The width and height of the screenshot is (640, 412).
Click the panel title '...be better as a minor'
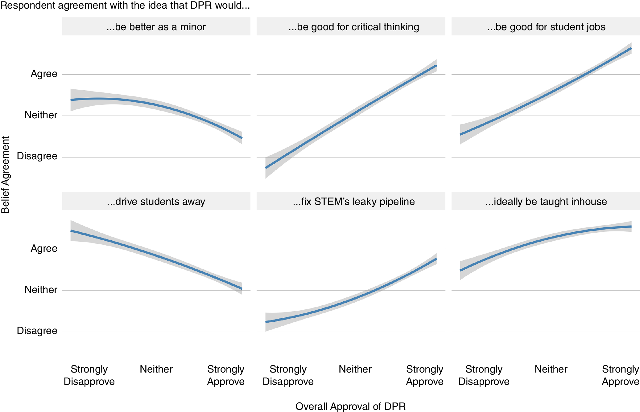point(156,27)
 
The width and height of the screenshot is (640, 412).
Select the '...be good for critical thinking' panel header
point(354,27)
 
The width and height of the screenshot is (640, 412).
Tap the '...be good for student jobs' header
point(546,27)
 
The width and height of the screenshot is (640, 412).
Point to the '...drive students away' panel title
point(156,202)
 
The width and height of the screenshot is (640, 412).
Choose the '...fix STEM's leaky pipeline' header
point(354,202)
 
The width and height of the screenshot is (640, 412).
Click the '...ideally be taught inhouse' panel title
point(546,202)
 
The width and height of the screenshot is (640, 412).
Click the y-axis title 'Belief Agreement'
point(5,175)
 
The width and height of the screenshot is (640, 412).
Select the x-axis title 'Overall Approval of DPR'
point(350,406)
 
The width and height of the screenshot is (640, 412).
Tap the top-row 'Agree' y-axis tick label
point(44,74)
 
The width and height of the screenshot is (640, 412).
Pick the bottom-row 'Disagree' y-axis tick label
point(37,331)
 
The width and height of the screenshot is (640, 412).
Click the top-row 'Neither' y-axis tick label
point(41,115)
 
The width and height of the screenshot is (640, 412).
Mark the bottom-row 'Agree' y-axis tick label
point(44,248)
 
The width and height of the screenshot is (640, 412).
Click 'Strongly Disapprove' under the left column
point(89,375)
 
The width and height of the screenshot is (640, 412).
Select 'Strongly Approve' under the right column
point(620,375)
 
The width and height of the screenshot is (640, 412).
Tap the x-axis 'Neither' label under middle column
point(355,369)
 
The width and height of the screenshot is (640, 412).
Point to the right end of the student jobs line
point(631,48)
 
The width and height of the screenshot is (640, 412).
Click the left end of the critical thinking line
point(266,168)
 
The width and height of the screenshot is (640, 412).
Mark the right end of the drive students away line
point(242,288)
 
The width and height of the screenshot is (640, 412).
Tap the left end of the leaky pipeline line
point(266,322)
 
